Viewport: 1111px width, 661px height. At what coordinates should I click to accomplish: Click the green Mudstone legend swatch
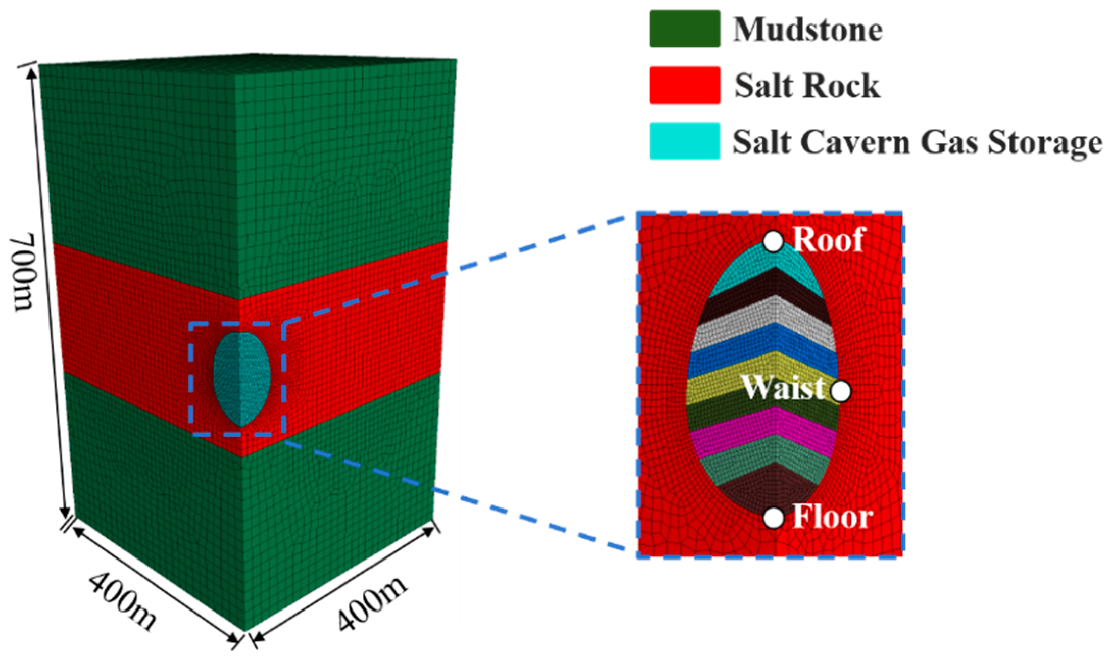[x=684, y=29]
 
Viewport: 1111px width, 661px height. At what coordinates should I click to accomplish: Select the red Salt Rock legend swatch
[x=684, y=85]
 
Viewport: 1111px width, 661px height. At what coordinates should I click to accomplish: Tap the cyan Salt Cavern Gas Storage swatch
[x=684, y=141]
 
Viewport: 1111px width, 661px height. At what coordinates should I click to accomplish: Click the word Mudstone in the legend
[x=808, y=30]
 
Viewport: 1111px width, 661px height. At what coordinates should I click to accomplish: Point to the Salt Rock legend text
[x=807, y=86]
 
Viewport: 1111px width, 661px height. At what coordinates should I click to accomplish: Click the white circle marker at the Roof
[x=773, y=241]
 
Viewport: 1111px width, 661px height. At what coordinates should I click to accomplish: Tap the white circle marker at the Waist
[x=841, y=391]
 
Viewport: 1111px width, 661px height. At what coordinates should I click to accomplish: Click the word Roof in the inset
[x=828, y=239]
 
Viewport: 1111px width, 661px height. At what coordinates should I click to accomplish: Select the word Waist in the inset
[x=783, y=388]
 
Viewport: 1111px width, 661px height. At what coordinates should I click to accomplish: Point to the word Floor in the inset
[x=832, y=517]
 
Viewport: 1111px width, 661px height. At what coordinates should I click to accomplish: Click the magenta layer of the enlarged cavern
[x=766, y=431]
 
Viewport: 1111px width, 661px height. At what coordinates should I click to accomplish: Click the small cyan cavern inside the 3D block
[x=241, y=378]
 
